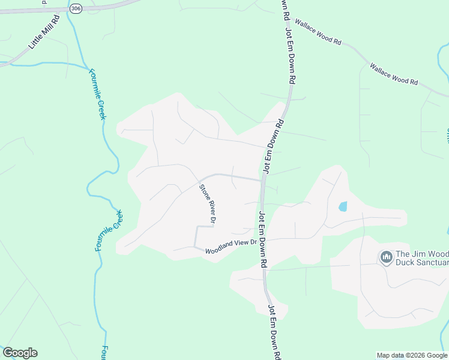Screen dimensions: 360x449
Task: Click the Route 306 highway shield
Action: point(75,8)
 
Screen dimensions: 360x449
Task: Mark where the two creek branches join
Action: point(84,65)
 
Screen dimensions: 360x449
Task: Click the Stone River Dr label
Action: point(206,205)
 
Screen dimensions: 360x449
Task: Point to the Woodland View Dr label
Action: point(231,247)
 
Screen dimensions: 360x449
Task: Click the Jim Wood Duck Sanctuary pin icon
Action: point(385,257)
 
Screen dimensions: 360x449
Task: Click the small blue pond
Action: point(343,206)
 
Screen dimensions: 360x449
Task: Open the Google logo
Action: point(20,353)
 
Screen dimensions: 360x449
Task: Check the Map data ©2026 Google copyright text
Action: point(412,355)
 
